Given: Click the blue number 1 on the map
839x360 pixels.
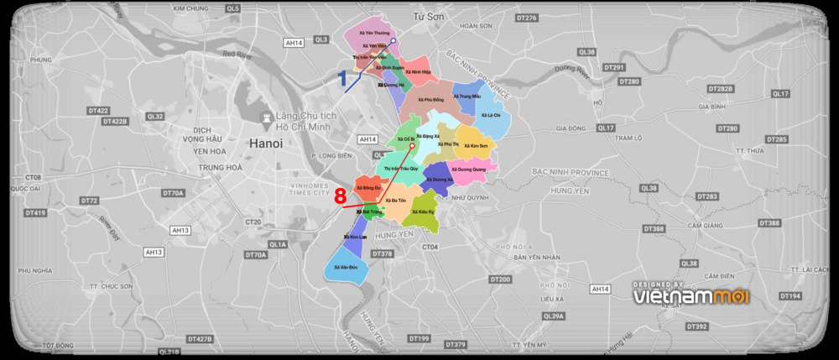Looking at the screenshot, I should pyautogui.click(x=342, y=80).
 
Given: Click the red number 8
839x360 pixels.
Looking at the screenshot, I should pyautogui.click(x=340, y=196).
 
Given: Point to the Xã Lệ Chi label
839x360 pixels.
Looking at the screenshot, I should pyautogui.click(x=491, y=114).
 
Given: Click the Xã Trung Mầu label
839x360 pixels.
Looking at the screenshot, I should pyautogui.click(x=466, y=97).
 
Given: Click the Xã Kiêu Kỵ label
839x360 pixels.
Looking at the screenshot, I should pyautogui.click(x=426, y=211).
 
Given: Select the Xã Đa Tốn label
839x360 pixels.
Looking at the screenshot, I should pyautogui.click(x=396, y=201).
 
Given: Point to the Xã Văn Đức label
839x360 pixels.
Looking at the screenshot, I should pyautogui.click(x=346, y=267).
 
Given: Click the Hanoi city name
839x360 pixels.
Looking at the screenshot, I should pyautogui.click(x=266, y=143).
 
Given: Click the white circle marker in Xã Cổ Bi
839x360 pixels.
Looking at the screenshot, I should pyautogui.click(x=412, y=145).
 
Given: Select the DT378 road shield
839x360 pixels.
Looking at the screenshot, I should pyautogui.click(x=382, y=253).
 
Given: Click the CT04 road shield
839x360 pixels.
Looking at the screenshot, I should pyautogui.click(x=431, y=247).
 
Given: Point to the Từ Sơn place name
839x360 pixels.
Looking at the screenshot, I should pyautogui.click(x=428, y=16).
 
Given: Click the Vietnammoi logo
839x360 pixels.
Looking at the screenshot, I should pyautogui.click(x=691, y=295).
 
